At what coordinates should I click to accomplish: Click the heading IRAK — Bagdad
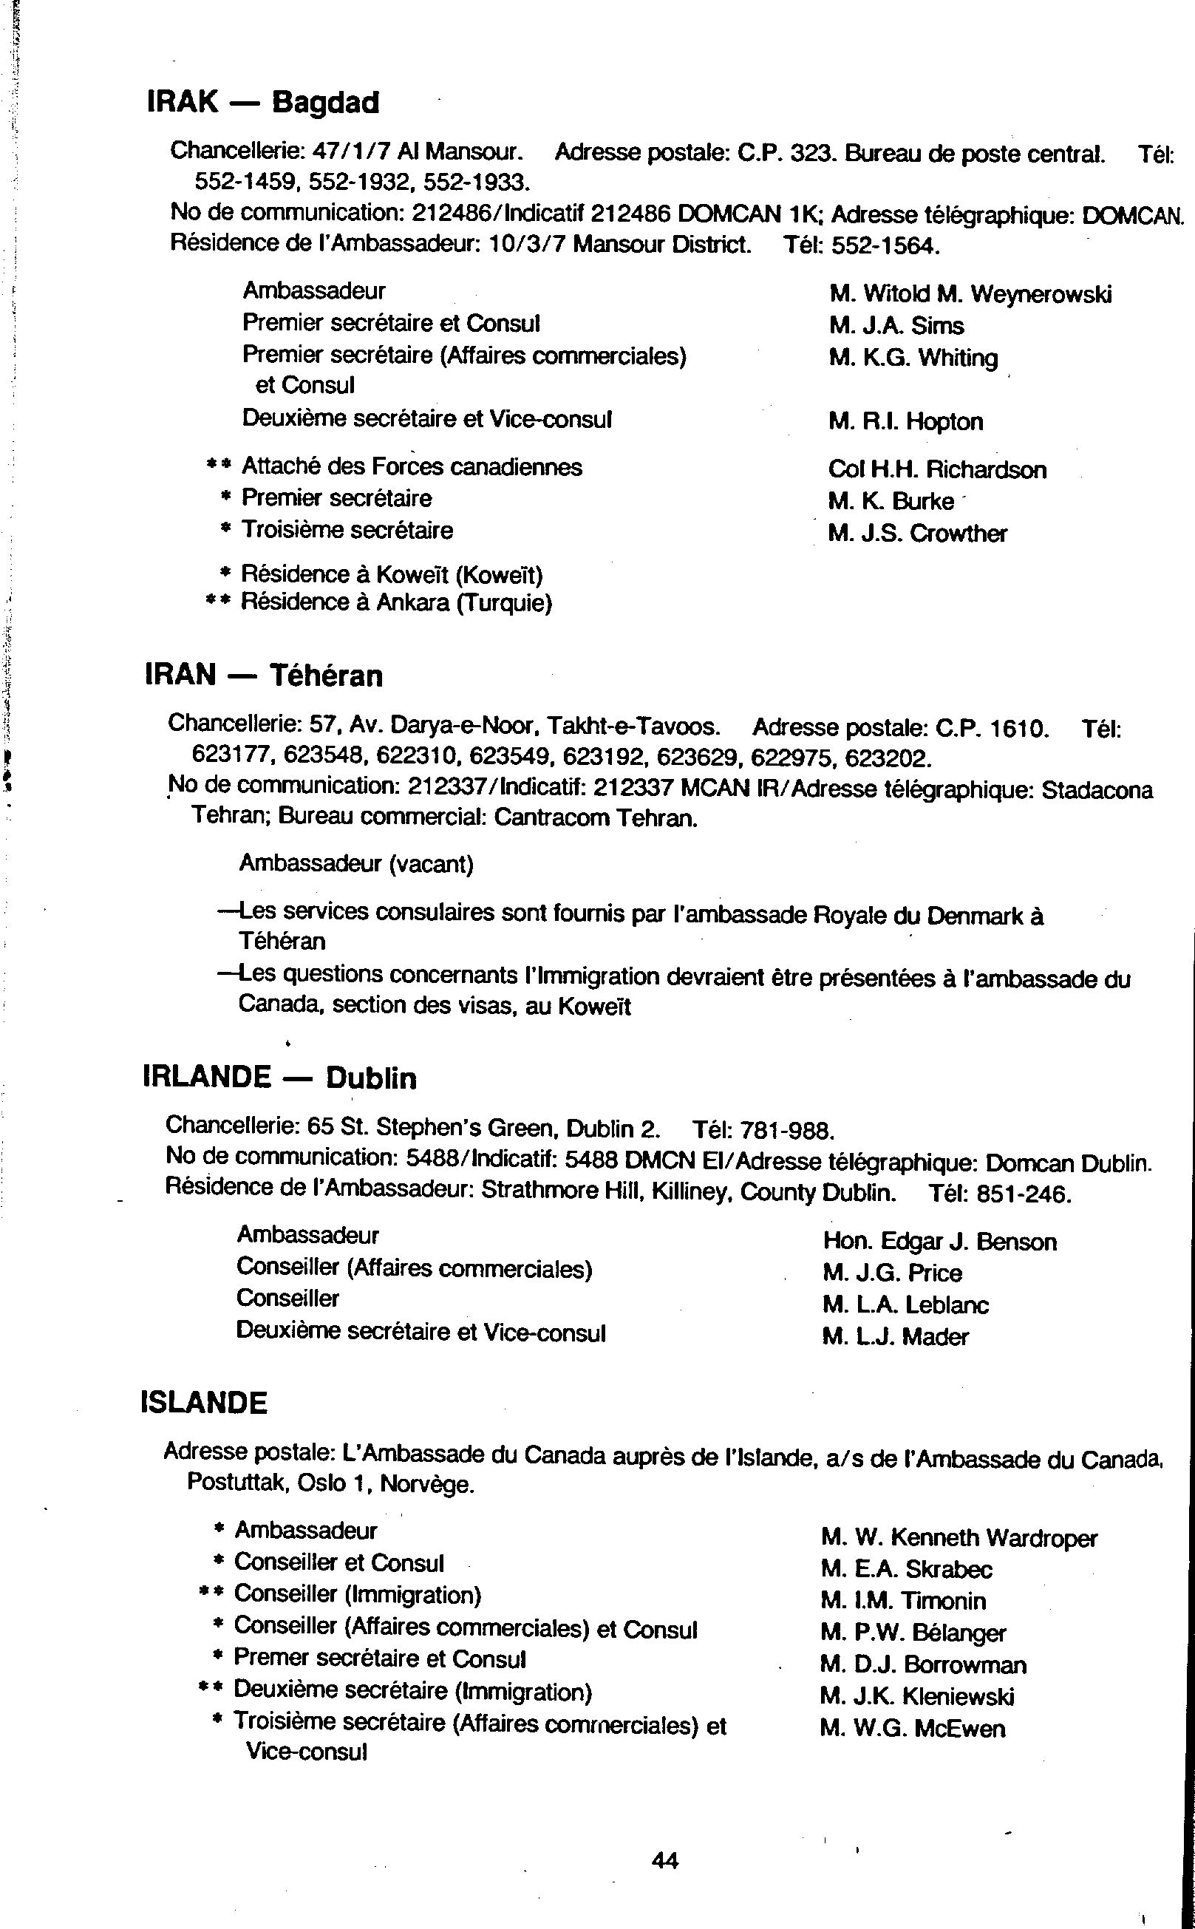[x=263, y=103]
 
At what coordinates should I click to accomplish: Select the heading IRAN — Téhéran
[x=264, y=676]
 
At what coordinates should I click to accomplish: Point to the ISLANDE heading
[x=204, y=1403]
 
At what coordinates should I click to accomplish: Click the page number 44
[x=664, y=1860]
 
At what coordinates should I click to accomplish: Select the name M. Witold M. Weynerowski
[x=970, y=295]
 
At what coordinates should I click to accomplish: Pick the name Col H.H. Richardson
[x=936, y=469]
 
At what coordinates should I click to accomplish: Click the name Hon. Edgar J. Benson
[x=939, y=1242]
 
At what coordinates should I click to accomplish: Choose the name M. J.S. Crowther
[x=917, y=534]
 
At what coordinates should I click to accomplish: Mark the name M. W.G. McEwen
[x=912, y=1728]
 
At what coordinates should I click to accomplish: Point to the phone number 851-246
[x=1024, y=1194]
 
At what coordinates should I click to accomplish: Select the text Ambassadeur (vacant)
[x=355, y=864]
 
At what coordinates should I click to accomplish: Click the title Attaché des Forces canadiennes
[x=412, y=467]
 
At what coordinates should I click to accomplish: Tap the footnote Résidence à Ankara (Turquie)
[x=396, y=603]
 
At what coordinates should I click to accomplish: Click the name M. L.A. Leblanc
[x=905, y=1304]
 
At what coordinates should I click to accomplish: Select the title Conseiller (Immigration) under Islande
[x=357, y=1594]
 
